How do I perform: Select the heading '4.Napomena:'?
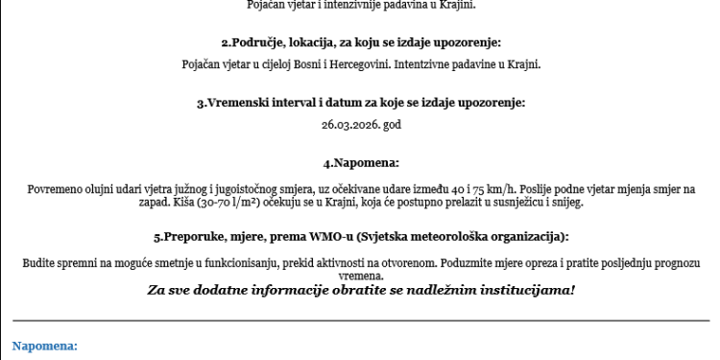359,163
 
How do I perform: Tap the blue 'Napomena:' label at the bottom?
44,343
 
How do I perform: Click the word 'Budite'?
39,262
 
